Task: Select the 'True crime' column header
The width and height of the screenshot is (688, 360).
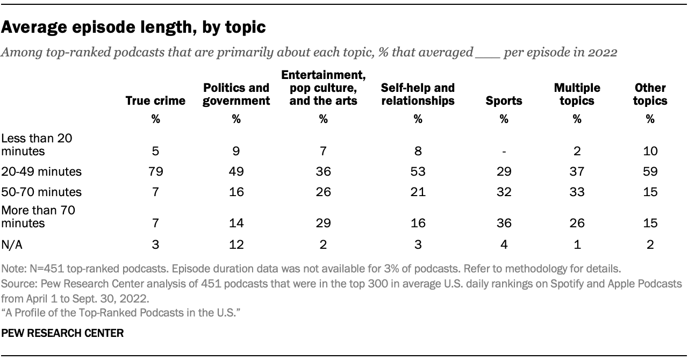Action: click(x=155, y=100)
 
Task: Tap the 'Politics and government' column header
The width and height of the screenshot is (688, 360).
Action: click(x=236, y=94)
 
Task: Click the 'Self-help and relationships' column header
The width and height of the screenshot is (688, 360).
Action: click(x=417, y=94)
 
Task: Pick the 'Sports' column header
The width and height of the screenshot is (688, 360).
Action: click(x=504, y=100)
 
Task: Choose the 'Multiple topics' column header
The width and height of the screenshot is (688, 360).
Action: click(x=577, y=94)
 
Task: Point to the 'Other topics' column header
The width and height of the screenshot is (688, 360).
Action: click(x=650, y=94)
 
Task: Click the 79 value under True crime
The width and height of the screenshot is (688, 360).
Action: click(x=155, y=172)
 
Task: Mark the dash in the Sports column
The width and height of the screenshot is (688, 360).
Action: click(x=504, y=152)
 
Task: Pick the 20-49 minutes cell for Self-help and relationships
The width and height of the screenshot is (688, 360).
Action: click(x=417, y=172)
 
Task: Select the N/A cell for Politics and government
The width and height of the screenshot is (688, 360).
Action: click(x=236, y=245)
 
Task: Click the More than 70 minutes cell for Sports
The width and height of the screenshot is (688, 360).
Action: click(x=504, y=223)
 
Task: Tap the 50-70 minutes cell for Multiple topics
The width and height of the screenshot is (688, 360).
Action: click(x=577, y=192)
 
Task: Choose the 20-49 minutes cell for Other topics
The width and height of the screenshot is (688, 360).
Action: click(x=650, y=172)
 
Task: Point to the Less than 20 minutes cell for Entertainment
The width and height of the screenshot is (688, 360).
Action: click(x=323, y=152)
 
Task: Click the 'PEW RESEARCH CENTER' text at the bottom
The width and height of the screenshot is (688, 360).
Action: click(x=63, y=334)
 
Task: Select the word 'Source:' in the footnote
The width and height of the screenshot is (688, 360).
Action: click(x=17, y=283)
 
